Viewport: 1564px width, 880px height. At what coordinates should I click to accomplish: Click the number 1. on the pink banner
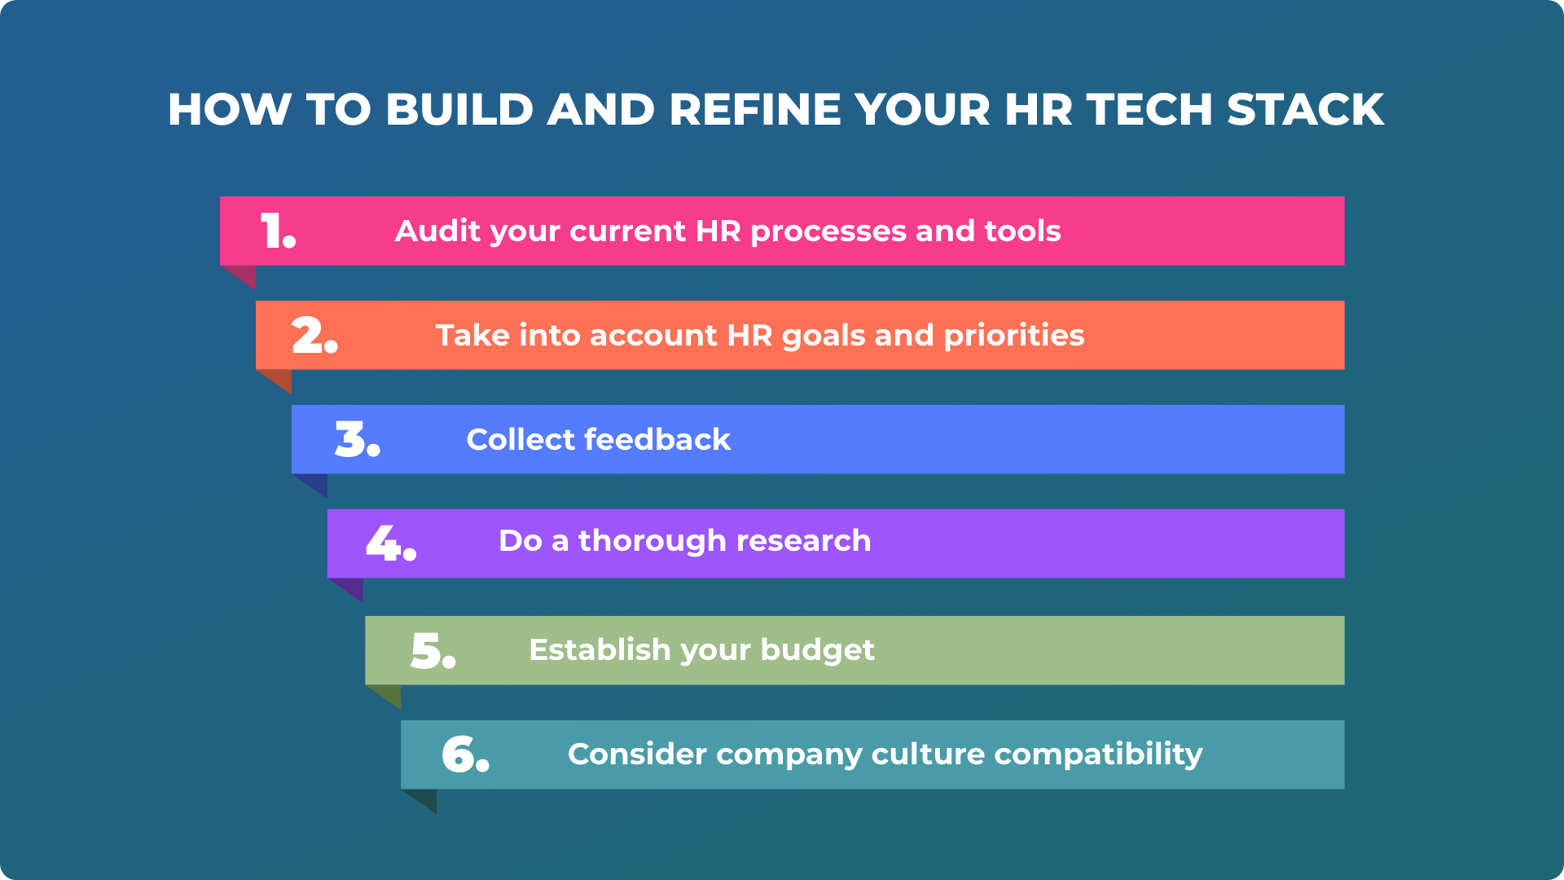pyautogui.click(x=277, y=231)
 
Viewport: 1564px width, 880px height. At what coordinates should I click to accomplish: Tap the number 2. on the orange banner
pyautogui.click(x=314, y=335)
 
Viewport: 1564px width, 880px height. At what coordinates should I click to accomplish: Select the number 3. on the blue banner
pyautogui.click(x=357, y=439)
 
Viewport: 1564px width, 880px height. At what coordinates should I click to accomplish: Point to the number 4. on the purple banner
pyautogui.click(x=390, y=543)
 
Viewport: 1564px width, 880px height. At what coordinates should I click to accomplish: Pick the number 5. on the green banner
pyautogui.click(x=432, y=650)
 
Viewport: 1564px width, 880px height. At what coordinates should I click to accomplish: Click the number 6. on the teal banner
pyautogui.click(x=465, y=755)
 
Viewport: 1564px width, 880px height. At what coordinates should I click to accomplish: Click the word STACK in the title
pyautogui.click(x=1305, y=109)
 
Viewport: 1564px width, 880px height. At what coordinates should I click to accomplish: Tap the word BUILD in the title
pyautogui.click(x=459, y=109)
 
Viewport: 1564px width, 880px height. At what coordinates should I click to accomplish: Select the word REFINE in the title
pyautogui.click(x=754, y=109)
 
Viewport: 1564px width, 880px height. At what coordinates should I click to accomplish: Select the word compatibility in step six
pyautogui.click(x=1098, y=755)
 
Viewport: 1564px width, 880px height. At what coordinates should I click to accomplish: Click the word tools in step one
pyautogui.click(x=1022, y=231)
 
